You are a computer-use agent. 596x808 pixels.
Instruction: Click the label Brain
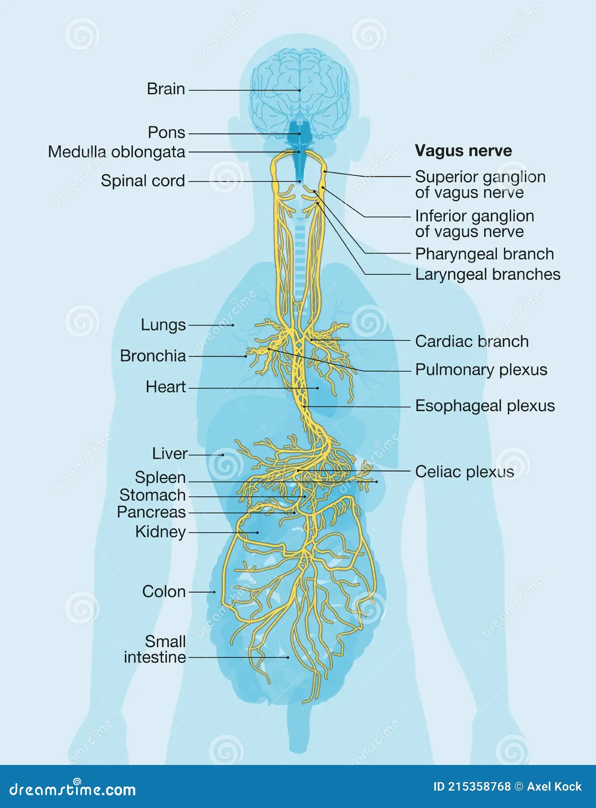(166, 89)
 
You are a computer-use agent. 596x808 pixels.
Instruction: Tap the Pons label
(166, 132)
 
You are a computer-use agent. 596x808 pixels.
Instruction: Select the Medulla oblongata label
(116, 152)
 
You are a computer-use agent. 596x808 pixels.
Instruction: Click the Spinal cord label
(143, 181)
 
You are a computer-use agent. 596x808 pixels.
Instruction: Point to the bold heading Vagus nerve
(463, 151)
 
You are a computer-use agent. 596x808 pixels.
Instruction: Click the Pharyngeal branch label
(484, 254)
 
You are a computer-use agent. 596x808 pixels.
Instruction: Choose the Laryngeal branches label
(487, 274)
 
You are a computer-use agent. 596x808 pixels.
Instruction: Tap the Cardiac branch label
(472, 341)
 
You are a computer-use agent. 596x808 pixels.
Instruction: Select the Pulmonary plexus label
(481, 370)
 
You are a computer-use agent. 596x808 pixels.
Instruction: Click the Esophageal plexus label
(485, 406)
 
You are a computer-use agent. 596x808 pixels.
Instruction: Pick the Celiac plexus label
(464, 472)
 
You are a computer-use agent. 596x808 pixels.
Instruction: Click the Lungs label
(163, 325)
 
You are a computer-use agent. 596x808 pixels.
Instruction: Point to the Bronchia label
(153, 356)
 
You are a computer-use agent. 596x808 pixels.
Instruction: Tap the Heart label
(166, 387)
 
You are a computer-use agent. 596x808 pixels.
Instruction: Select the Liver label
(169, 453)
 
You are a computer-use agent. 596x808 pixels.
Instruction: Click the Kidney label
(160, 532)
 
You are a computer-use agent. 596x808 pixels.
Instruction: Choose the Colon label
(164, 591)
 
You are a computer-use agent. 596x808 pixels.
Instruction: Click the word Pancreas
(151, 513)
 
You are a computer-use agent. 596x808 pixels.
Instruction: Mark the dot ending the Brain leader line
(300, 90)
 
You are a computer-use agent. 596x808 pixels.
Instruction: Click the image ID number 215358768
(479, 786)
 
